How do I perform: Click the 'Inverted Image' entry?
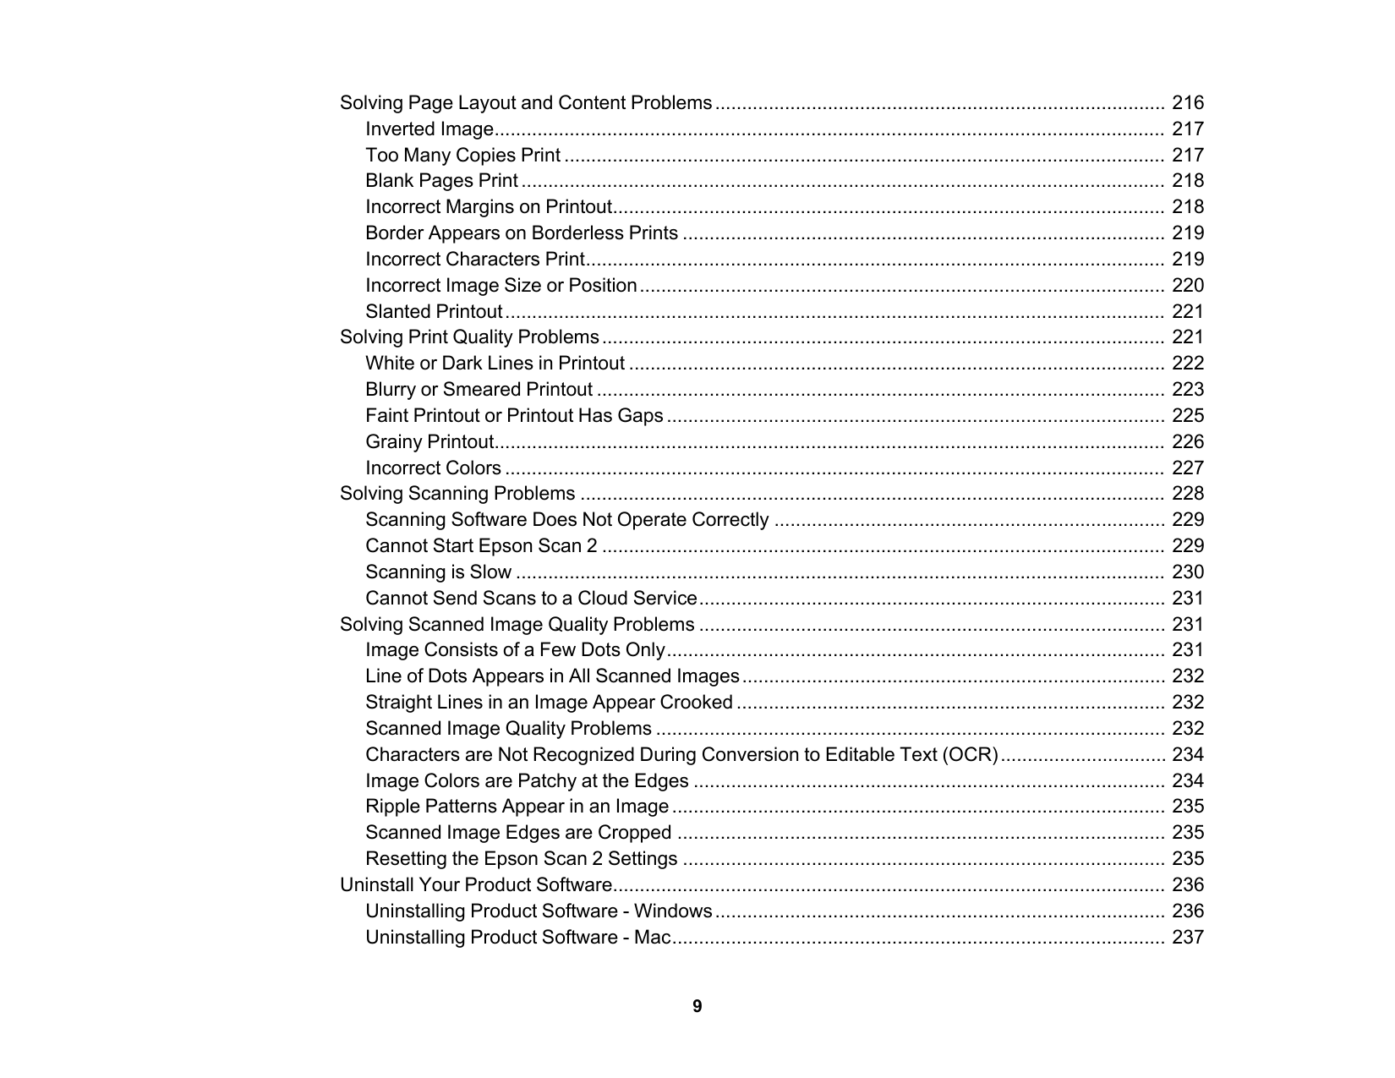(x=429, y=129)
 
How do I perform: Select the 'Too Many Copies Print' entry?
(x=462, y=156)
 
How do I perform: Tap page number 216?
(x=1187, y=103)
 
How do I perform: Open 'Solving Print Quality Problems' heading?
(x=469, y=337)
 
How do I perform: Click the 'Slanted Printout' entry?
(x=434, y=312)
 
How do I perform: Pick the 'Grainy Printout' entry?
(x=429, y=442)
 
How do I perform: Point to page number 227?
(x=1187, y=468)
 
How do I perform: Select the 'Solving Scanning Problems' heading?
(x=457, y=494)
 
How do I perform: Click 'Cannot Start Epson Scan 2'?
(x=481, y=546)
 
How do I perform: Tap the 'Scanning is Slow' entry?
(x=438, y=572)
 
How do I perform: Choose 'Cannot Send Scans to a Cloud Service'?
(x=531, y=599)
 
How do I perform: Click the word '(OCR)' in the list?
(x=970, y=755)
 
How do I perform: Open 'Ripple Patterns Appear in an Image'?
(x=517, y=807)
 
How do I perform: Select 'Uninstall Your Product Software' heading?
(x=475, y=885)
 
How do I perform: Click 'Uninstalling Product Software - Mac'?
(x=517, y=938)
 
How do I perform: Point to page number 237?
(x=1187, y=938)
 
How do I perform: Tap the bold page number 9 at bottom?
(x=697, y=1006)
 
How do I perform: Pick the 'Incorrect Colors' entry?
(x=433, y=468)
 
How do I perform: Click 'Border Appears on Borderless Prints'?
(x=522, y=233)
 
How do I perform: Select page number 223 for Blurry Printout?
(x=1187, y=390)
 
